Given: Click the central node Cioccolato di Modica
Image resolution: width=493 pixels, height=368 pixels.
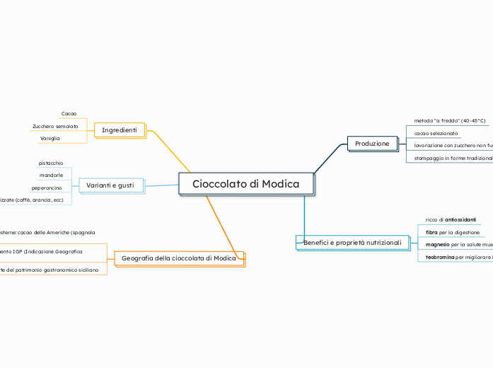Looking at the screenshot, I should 245,184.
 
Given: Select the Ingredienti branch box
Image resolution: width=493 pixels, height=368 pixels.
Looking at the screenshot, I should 120,130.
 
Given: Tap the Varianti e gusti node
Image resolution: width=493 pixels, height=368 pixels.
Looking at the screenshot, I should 110,185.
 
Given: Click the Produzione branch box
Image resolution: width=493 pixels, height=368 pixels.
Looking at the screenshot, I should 372,144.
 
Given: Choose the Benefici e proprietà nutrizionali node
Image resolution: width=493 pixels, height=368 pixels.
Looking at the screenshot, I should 352,243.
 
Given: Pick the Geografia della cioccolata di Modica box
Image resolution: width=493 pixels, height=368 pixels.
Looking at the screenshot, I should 179,258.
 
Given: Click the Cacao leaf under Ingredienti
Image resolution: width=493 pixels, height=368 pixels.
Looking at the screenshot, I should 69,113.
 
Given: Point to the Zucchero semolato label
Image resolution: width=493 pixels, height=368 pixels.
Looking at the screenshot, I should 55,126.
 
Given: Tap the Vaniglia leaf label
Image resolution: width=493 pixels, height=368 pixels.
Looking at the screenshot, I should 50,138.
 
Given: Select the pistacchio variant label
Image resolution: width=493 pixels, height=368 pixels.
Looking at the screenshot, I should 51,163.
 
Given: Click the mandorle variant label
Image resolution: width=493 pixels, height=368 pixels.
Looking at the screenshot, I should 51,175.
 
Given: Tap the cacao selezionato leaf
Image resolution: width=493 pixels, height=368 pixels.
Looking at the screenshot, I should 436,133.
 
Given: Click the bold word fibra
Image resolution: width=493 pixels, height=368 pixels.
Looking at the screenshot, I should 431,232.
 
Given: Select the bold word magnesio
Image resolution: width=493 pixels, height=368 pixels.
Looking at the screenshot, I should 437,245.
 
